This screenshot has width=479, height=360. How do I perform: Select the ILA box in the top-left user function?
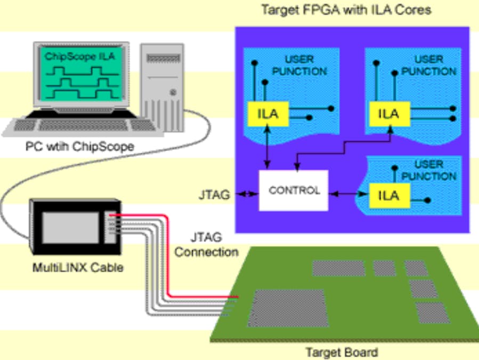268,115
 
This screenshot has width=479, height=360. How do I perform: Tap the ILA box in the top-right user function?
388,114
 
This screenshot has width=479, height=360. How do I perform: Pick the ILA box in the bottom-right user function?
388,196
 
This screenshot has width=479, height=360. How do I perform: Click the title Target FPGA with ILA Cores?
346,10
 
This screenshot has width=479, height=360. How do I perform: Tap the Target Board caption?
341,352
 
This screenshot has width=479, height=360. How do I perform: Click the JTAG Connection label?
206,244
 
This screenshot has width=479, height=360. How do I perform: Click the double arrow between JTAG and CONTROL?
246,195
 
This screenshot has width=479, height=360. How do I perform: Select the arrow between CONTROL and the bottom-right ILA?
346,195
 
